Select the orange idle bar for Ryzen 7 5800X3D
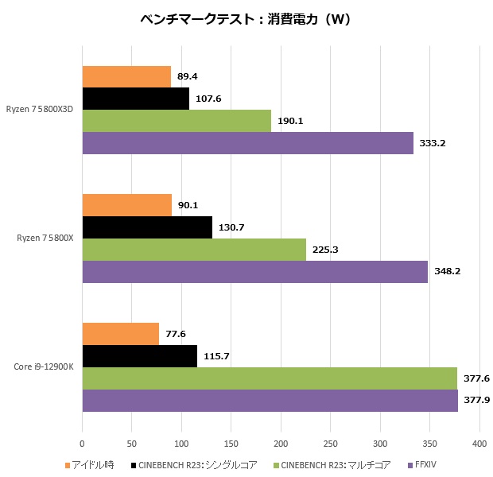tap(126, 76)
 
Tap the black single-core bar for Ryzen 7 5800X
tap(147, 227)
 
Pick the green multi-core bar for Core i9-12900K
tap(270, 378)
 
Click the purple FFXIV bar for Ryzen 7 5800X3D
tap(247, 143)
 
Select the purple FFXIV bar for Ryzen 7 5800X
tap(254, 272)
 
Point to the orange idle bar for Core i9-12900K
tap(121, 334)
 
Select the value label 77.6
tap(175, 334)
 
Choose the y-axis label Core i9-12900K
tap(44, 367)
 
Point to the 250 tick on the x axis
tap(331, 444)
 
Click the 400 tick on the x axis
tap(479, 444)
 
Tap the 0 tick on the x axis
tap(83, 444)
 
